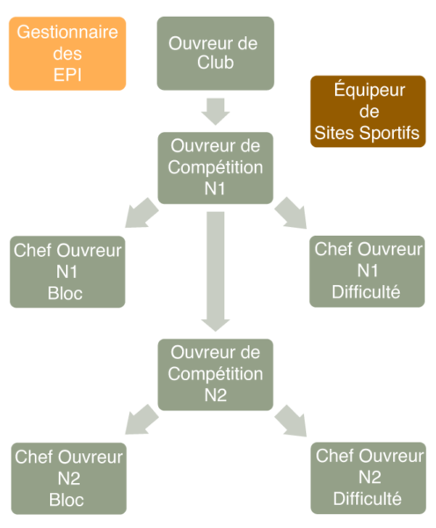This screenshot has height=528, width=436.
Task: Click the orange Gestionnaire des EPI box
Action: [68, 54]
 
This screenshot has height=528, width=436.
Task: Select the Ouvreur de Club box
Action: [215, 53]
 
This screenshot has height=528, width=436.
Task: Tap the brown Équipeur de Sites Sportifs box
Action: [367, 112]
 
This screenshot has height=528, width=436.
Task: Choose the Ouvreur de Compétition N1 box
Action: [215, 168]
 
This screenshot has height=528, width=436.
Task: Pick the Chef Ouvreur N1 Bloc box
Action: [68, 272]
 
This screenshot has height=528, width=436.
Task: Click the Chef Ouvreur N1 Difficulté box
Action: [367, 271]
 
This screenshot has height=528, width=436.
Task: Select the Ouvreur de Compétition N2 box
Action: [215, 375]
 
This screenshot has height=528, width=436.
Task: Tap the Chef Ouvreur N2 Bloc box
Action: [69, 479]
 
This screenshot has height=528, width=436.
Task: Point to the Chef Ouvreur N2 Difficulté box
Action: [368, 478]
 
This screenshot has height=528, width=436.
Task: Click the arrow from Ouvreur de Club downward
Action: [215, 112]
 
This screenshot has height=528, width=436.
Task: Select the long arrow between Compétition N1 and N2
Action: [215, 271]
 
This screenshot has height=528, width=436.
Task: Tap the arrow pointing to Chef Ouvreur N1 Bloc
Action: [142, 213]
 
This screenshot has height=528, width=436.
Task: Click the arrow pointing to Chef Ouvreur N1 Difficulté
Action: [291, 213]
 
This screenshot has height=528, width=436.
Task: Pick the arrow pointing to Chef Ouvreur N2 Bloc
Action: [142, 420]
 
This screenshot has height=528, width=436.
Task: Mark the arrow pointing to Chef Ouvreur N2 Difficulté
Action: [291, 421]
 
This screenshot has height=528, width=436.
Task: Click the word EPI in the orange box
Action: [68, 75]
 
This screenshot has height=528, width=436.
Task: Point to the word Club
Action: [215, 62]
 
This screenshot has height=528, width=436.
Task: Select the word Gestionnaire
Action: [68, 33]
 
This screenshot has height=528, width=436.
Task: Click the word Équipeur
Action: [369, 90]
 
